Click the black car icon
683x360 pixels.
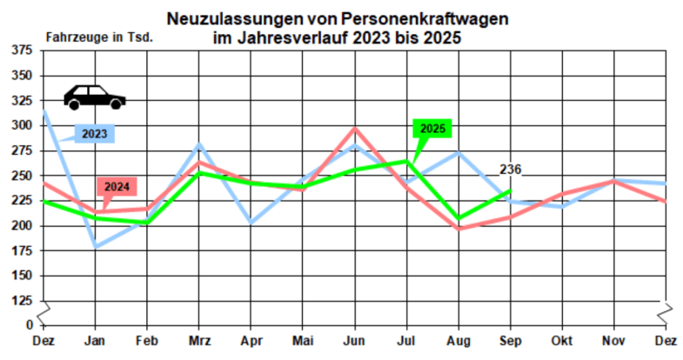pos(95,97)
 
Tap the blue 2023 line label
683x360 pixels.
pos(94,134)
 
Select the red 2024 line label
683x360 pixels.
pos(117,186)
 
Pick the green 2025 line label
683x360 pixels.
pos(432,129)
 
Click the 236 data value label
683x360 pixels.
pos(511,170)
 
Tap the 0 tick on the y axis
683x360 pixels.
pos(28,325)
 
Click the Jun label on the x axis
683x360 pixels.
pos(353,341)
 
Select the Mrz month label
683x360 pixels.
pos(199,341)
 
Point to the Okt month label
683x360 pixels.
pos(562,341)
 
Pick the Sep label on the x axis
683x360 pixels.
pos(511,341)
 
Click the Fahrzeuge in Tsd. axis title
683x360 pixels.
pos(99,37)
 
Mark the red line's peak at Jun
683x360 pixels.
pos(354,129)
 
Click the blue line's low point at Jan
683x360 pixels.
pos(95,246)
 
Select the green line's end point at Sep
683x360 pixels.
pos(511,190)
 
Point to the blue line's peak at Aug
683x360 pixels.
pos(459,152)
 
